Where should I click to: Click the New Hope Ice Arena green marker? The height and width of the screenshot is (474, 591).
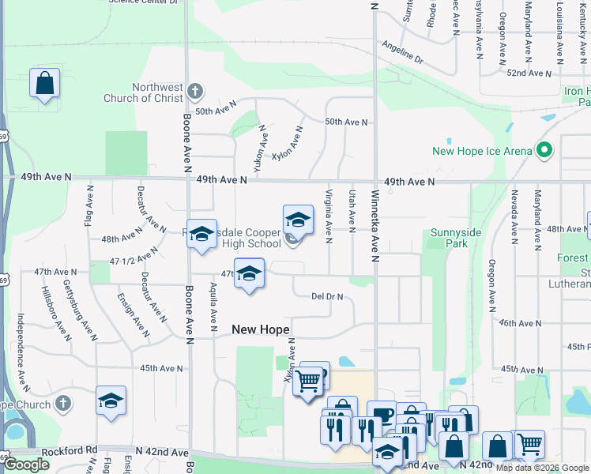click(x=544, y=149)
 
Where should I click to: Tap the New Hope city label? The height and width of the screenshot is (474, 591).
click(x=260, y=329)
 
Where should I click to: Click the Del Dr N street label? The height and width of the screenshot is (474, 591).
click(x=327, y=297)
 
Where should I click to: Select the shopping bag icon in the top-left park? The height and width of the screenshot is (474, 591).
click(x=44, y=83)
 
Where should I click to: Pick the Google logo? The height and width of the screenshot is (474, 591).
click(x=26, y=465)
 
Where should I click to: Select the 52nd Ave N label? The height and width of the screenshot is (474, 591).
click(x=529, y=73)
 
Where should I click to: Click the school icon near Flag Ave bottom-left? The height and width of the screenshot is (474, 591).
click(x=111, y=400)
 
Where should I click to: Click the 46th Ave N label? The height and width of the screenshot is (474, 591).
click(x=518, y=324)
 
